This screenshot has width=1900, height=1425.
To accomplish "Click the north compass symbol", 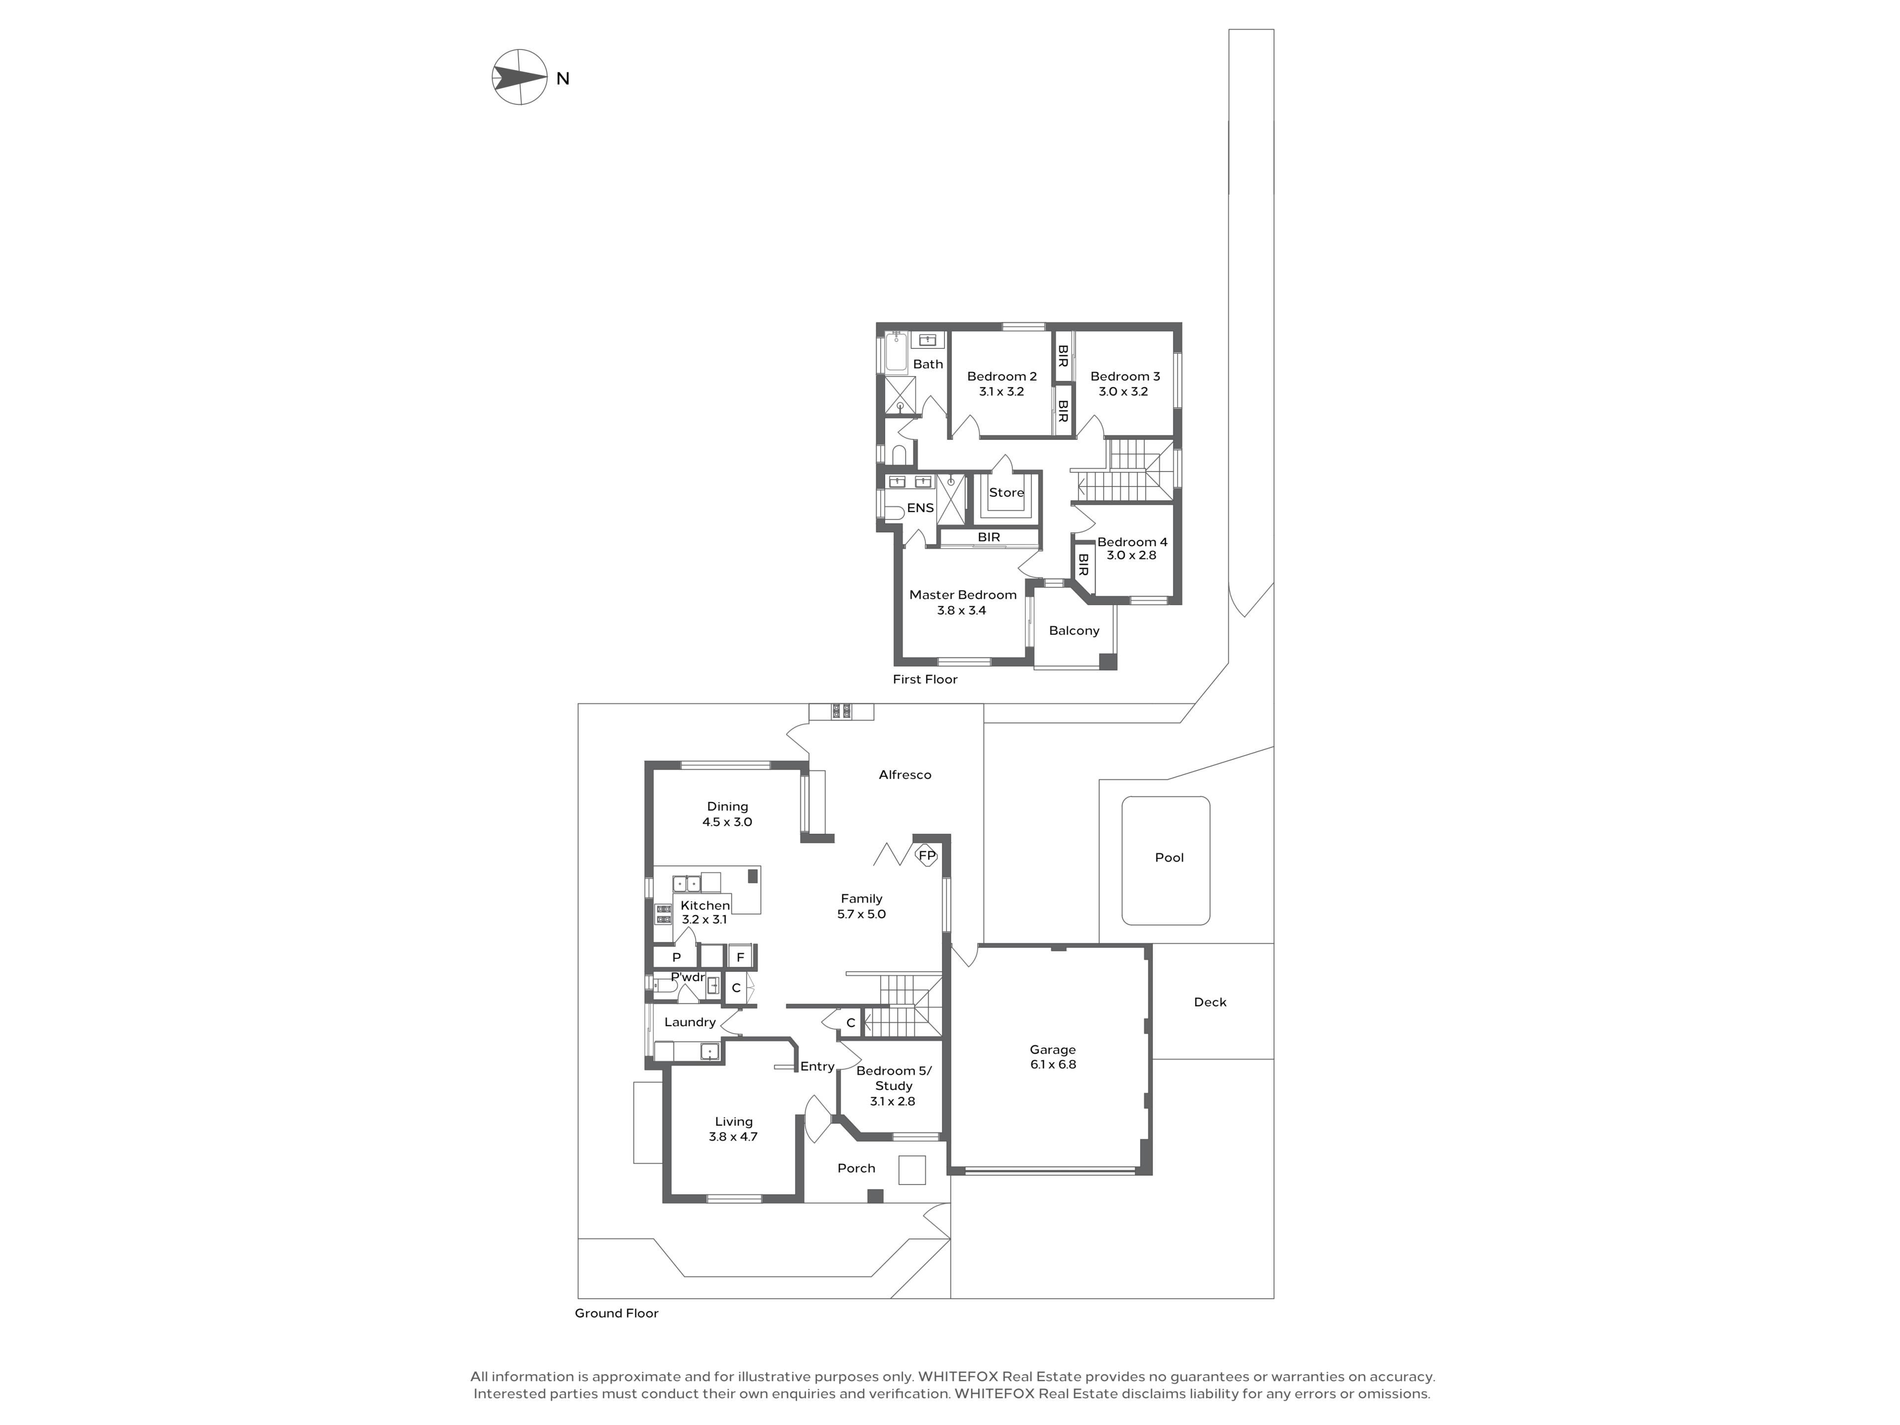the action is pos(520,77).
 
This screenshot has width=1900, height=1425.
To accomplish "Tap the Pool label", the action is pos(1169,857).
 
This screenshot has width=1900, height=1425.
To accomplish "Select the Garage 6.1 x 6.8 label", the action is pos(1053,1056).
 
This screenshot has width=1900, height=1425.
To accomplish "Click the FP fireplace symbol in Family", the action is pos(927,855).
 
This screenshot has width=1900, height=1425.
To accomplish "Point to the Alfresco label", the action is pos(904,775).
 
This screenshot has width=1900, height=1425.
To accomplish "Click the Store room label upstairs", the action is pos(1006,493).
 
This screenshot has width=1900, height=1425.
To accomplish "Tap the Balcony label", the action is pos(1074,630).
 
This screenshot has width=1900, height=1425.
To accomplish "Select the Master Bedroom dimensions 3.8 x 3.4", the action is pos(961,611).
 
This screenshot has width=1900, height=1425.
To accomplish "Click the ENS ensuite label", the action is pos(920,508).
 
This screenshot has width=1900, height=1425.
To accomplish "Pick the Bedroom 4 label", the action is pos(1132,542).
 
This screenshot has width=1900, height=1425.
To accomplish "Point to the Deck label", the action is pos(1210,1002).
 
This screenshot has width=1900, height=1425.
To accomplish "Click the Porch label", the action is pos(856,1168).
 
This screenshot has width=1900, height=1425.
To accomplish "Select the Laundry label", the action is pos(690,1022).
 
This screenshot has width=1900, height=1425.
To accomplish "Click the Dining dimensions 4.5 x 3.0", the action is pos(727,822).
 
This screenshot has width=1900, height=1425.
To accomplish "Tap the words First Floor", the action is pos(925,679).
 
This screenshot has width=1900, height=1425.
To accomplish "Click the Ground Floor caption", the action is pos(617,1313).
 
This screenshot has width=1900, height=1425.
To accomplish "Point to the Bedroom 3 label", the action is pos(1125,376).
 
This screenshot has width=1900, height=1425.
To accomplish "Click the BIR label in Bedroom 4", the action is pos(1083,565).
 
